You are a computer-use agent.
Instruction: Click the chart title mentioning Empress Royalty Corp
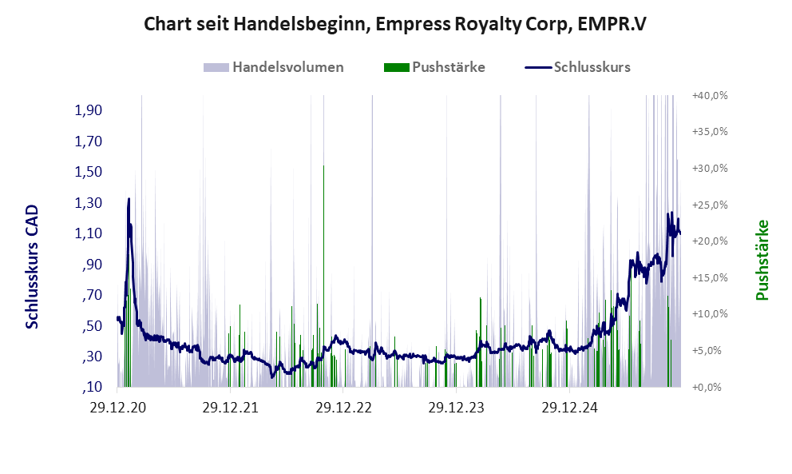point(394,24)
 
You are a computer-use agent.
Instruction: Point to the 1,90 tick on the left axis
point(89,110)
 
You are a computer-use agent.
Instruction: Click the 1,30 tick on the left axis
point(89,203)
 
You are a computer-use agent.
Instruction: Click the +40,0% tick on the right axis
point(710,95)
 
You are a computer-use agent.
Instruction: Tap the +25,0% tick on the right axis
point(710,205)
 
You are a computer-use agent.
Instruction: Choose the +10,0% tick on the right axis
point(710,314)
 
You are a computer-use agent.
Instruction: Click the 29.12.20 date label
point(117,408)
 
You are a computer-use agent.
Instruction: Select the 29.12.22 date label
point(343,408)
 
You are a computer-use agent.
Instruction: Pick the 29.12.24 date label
point(569,408)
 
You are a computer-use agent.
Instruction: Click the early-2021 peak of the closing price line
point(129,199)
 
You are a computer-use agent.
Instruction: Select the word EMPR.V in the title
point(606,24)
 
